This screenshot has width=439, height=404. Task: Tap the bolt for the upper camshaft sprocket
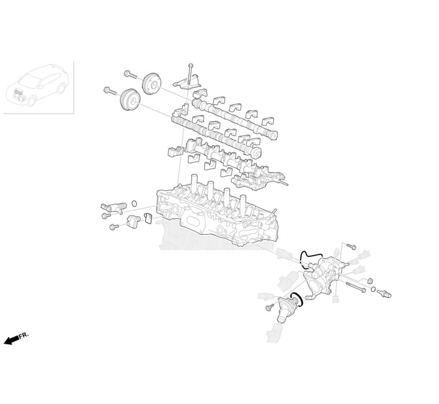point(130,75)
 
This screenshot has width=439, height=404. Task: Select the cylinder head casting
point(216,216)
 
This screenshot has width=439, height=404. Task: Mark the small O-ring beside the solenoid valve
point(135,203)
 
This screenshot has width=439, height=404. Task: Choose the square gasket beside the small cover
point(148,218)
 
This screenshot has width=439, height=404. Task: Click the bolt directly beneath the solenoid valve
point(106,216)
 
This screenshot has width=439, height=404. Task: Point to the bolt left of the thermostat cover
point(270,307)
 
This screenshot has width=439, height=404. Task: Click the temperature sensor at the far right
point(384,293)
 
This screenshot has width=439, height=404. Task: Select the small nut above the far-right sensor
point(369,281)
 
